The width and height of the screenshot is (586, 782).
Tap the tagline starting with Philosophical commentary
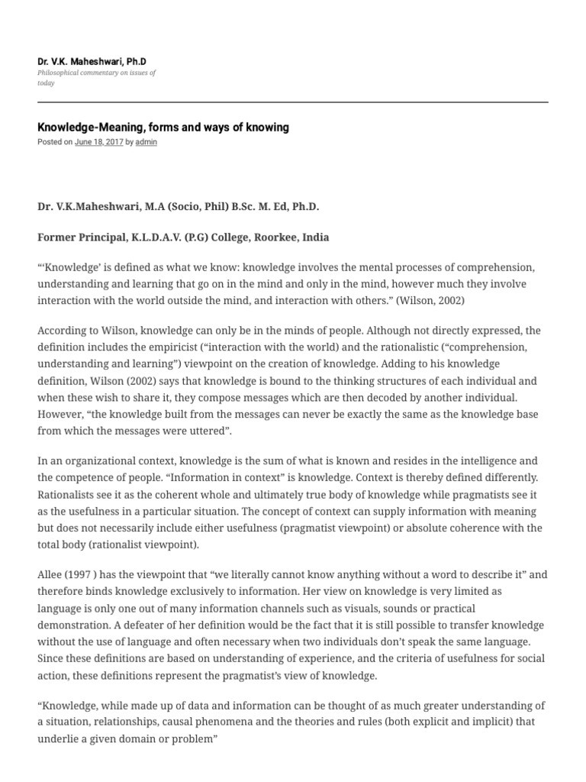click(x=96, y=73)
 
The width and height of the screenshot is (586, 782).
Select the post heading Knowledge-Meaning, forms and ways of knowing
click(x=163, y=128)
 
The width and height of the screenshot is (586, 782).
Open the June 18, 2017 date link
click(x=98, y=142)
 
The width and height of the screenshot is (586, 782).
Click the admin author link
click(x=146, y=142)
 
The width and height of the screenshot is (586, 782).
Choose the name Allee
click(x=50, y=575)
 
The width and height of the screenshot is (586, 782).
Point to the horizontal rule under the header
click(x=292, y=102)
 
